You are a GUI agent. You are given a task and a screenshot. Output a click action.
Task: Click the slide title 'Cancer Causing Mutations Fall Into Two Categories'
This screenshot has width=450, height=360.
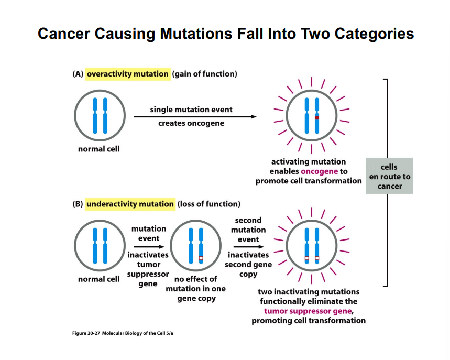pos(225,34)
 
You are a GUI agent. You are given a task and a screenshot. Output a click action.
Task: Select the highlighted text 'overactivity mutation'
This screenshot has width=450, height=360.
pos(127,74)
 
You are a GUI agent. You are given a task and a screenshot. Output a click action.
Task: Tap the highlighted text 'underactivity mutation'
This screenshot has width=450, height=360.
pos(130,204)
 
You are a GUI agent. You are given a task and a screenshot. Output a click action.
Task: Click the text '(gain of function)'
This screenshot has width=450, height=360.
pos(205,74)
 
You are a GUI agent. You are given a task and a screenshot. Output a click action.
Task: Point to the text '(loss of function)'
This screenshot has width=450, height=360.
pos(209,204)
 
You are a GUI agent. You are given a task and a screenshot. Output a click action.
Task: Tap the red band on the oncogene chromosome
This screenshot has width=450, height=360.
pos(317,118)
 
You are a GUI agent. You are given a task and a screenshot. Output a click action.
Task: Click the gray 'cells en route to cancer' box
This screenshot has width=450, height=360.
pos(389,177)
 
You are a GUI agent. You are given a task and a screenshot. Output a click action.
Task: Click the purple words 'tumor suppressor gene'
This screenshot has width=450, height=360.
pos(308,311)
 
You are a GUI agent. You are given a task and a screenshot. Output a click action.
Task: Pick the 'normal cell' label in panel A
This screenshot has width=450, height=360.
pos(98,149)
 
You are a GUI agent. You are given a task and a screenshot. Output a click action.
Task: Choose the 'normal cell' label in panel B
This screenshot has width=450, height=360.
pos(98,279)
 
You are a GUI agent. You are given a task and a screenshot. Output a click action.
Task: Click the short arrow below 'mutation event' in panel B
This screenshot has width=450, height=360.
pos(149,246)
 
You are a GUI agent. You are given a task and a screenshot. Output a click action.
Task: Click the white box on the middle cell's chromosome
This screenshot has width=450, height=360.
pos(201,259)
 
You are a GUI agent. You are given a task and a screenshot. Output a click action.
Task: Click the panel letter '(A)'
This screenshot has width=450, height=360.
pos(78,74)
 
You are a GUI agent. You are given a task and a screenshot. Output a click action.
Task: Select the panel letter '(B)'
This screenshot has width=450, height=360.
pos(78,204)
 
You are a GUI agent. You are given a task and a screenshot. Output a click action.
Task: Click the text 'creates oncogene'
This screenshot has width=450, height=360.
pos(191,123)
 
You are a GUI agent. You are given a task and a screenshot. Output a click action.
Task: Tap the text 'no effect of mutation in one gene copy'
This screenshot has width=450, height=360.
pos(195,289)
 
